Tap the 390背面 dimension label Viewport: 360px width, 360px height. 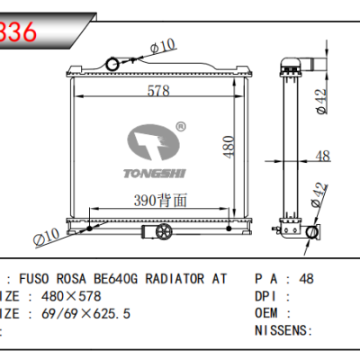pos(163,202)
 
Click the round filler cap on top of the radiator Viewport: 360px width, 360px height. pos(112,63)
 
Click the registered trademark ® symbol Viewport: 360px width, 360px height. pos(180,126)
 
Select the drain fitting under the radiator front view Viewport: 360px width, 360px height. pos(163,233)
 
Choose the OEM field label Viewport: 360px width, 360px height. pos(267,313)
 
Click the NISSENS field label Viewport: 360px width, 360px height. pos(281,330)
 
